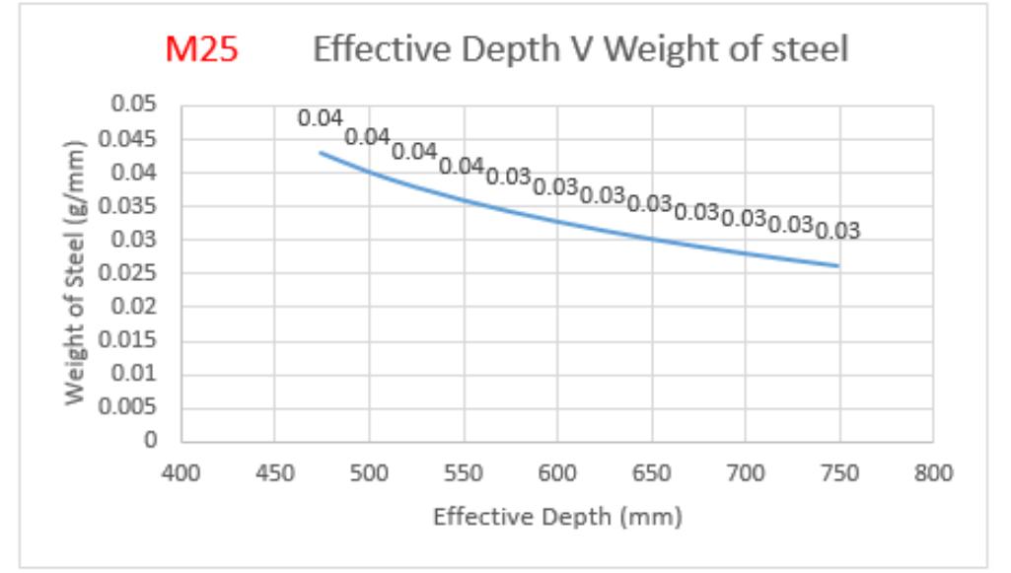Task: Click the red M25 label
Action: [201, 49]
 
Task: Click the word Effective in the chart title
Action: [383, 49]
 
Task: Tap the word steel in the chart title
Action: [810, 49]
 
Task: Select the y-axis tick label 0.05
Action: [133, 104]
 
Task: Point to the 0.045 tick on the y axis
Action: [127, 139]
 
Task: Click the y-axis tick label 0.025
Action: [127, 272]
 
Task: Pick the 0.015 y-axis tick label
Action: [127, 339]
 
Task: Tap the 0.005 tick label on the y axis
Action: [127, 406]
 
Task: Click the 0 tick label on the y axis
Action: [150, 440]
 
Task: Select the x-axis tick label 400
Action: [181, 473]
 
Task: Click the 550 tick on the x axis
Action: [464, 473]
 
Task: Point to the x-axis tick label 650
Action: [652, 473]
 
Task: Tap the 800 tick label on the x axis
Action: [933, 473]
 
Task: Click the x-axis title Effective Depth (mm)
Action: [557, 517]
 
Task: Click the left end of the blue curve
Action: [321, 153]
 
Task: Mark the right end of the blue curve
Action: [838, 265]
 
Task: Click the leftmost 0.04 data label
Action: [321, 118]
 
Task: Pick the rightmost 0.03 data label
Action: [838, 230]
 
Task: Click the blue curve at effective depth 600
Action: [557, 222]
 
